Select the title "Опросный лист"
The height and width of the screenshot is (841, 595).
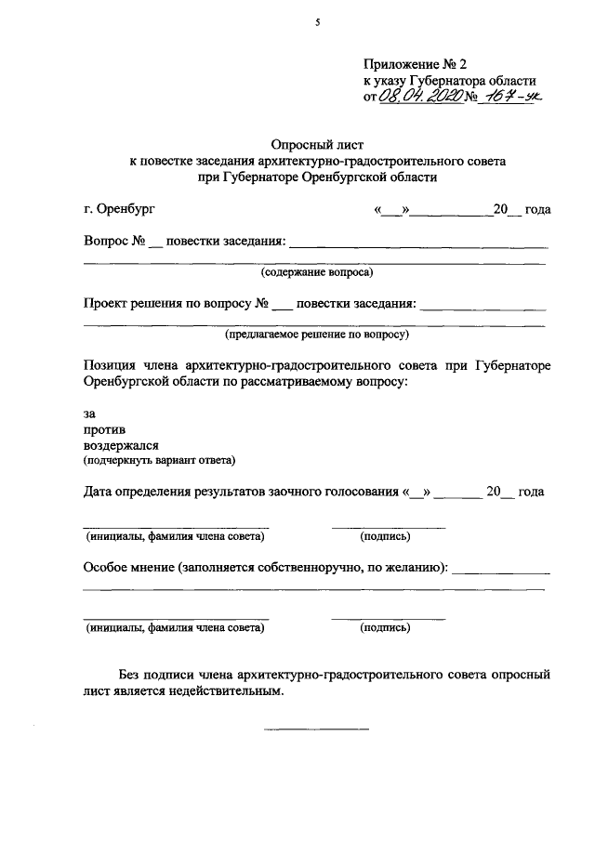point(316,145)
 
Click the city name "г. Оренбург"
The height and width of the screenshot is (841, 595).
point(119,209)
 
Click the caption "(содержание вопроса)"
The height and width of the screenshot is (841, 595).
point(316,272)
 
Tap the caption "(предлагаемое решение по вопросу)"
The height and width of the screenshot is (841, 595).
point(316,333)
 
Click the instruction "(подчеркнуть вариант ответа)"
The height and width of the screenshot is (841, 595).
point(159,460)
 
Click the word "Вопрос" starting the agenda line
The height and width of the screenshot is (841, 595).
point(106,241)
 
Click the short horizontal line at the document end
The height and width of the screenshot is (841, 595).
point(316,728)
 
